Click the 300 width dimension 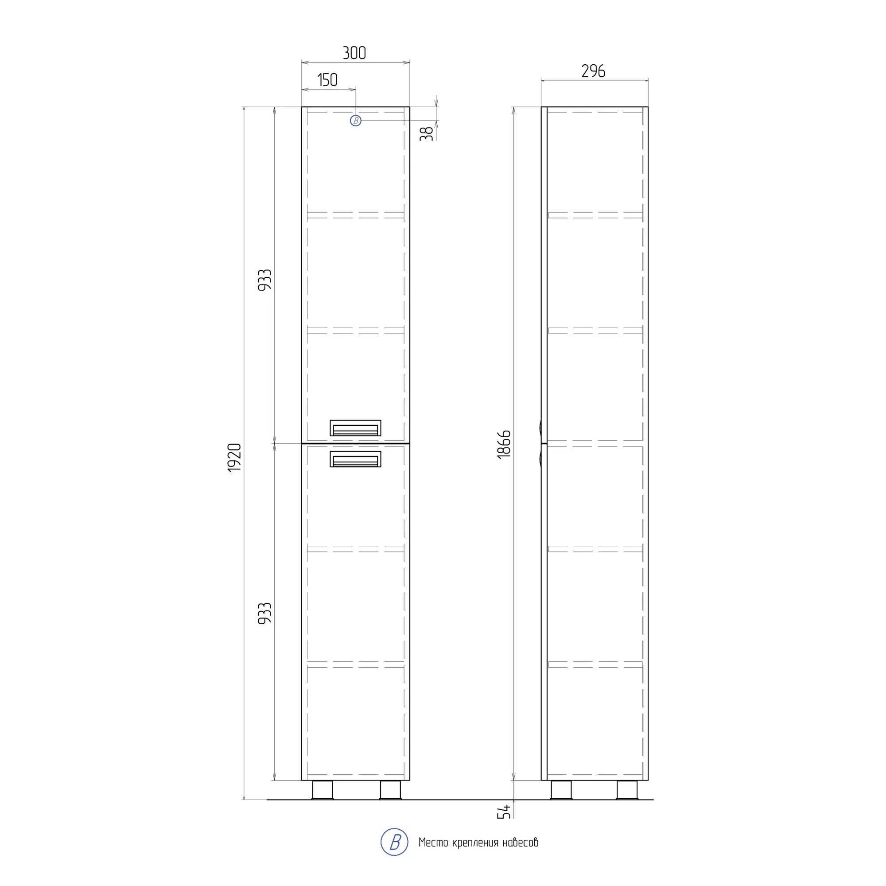pos(354,53)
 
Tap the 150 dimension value pos(327,80)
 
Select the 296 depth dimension pos(593,71)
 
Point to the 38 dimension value pos(427,133)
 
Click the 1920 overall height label pos(234,458)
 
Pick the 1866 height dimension pos(504,444)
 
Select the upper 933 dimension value pos(264,280)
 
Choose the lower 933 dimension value pos(264,613)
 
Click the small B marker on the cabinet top pos(355,120)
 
